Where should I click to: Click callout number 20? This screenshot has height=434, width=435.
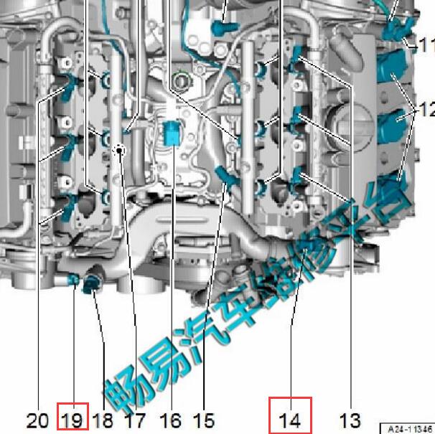pos(37,420)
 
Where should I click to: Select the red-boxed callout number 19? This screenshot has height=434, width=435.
pos(72,420)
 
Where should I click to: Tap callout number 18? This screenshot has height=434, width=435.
pos(103,420)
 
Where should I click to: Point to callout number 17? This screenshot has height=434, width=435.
pos(136,420)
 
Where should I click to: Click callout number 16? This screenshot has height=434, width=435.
pos(170,420)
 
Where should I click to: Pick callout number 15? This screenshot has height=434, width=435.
pos(204,420)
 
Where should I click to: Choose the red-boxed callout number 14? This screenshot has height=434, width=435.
pos(290,420)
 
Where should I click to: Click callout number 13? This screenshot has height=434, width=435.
pos(350,420)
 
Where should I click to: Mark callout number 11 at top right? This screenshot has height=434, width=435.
pos(426,45)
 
